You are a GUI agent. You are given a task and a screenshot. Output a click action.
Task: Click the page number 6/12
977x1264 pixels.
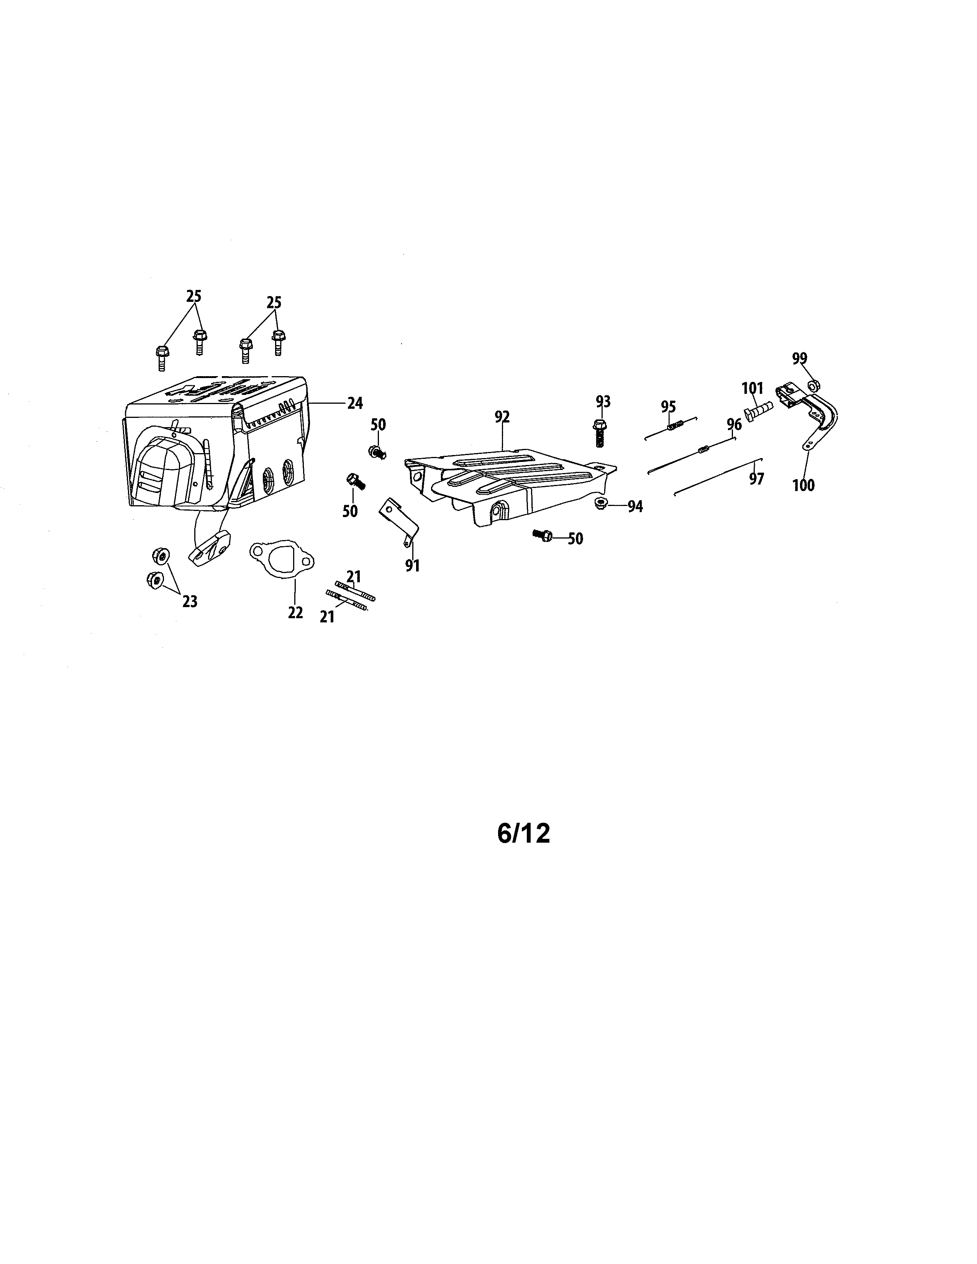click(523, 834)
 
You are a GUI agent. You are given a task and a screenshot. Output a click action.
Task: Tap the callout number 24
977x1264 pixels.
click(355, 403)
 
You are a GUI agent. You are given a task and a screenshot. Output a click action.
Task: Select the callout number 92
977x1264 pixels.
click(502, 417)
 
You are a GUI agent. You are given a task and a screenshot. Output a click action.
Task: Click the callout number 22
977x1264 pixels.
click(295, 613)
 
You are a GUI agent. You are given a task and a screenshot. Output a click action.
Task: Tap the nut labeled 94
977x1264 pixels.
click(600, 504)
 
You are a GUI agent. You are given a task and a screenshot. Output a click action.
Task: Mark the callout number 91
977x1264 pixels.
click(412, 565)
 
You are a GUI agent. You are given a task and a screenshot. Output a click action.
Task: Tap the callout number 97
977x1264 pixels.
click(756, 479)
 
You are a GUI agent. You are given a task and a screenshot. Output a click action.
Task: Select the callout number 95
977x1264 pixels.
click(669, 406)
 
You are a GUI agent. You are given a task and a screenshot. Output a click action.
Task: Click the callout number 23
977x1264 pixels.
click(190, 602)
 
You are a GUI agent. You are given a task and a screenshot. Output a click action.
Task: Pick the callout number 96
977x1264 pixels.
click(734, 425)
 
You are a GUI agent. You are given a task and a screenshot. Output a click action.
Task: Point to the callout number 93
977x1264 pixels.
click(603, 401)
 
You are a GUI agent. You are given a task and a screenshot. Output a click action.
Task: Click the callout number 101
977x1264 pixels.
click(753, 387)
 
